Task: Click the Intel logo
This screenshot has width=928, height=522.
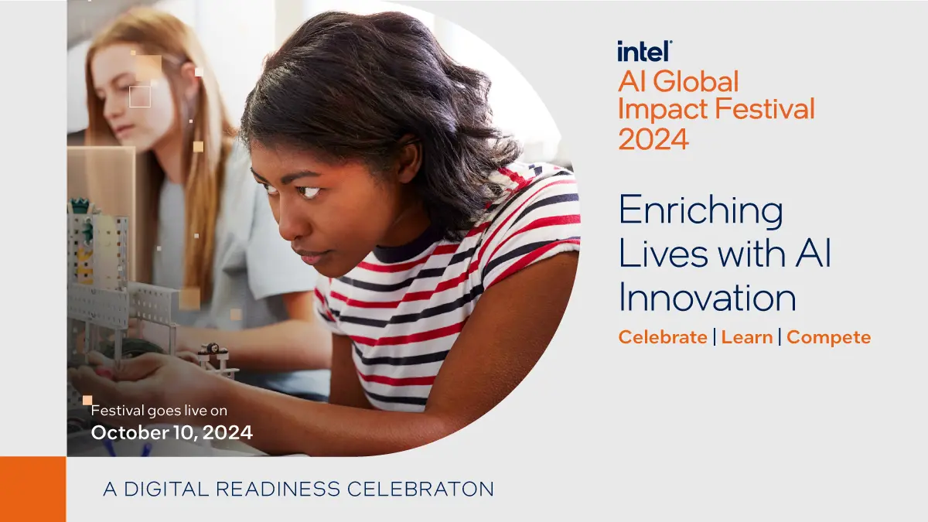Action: pos(645,51)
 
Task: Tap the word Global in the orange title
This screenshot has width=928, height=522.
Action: pos(696,81)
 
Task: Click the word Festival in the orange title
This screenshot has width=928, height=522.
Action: pos(765,108)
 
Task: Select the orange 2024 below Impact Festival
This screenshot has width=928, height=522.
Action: pos(653,138)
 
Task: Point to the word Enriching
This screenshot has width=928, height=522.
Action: pos(701,211)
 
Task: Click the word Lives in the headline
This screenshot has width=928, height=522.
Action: pos(664,254)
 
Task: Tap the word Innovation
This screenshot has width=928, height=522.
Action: pos(708,297)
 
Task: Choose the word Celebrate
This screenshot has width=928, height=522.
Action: pos(663,337)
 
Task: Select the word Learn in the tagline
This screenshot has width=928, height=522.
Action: pos(747,337)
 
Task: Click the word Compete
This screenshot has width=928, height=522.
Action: pos(828,338)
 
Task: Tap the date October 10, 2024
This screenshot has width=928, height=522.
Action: pos(172,432)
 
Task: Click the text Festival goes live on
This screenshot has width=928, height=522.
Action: pos(159,411)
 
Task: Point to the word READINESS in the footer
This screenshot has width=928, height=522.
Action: pos(278,489)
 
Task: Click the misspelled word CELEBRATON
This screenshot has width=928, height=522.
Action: pos(421,489)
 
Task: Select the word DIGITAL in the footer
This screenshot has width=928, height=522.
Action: pos(166,489)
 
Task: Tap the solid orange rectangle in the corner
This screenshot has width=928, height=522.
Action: pos(33,490)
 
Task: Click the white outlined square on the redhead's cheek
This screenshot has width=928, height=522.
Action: pos(140,97)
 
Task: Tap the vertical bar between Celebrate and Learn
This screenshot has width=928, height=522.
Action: pos(715,337)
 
